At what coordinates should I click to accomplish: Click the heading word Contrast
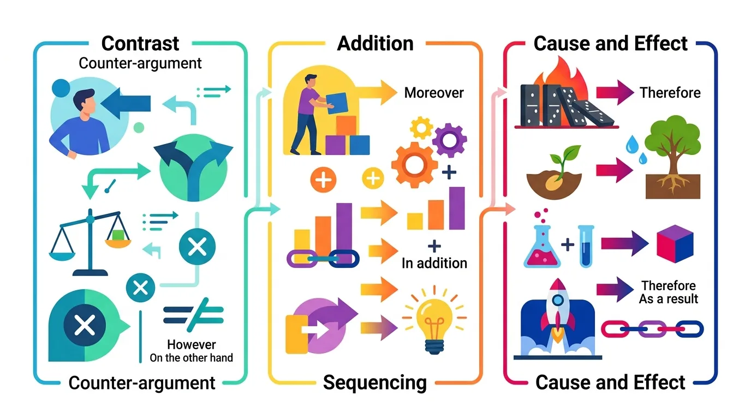[140, 44]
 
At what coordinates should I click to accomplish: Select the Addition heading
[375, 44]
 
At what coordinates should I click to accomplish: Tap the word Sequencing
[375, 382]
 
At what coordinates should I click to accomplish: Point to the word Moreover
[434, 93]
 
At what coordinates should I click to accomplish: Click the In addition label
[434, 264]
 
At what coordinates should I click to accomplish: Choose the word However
[192, 345]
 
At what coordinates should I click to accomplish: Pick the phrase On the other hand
[191, 358]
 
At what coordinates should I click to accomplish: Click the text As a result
[668, 298]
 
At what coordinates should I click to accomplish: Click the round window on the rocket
[558, 300]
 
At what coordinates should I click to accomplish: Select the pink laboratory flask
[542, 246]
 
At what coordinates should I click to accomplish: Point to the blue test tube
[586, 246]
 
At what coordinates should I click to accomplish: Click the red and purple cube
[675, 244]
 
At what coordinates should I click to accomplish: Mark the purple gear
[449, 140]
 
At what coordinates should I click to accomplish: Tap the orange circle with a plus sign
[323, 179]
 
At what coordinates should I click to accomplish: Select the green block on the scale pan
[118, 235]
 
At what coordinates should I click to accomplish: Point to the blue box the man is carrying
[336, 103]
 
